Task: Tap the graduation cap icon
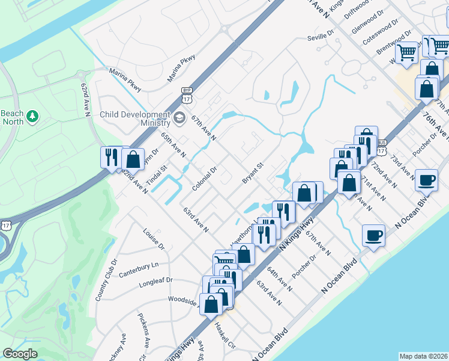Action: click(179, 119)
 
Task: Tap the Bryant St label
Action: click(253, 173)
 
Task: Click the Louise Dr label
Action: click(154, 238)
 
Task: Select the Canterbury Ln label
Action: click(137, 265)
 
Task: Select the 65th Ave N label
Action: click(173, 145)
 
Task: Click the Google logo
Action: click(20, 354)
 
